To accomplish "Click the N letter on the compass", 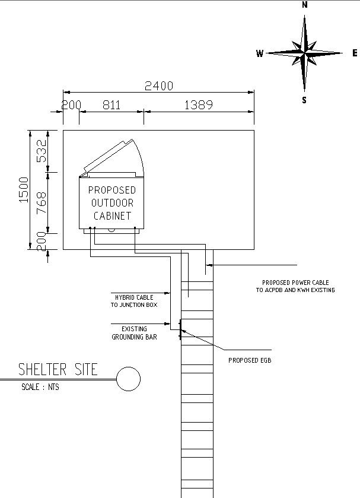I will [304, 5].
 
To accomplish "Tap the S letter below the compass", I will [304, 100].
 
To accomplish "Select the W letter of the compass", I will [259, 53].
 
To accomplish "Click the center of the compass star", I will [304, 53].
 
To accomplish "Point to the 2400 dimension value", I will [159, 86].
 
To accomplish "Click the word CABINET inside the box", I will [112, 216].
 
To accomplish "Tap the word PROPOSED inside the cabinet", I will [112, 190].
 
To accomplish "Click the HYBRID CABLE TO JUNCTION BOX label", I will [132, 301].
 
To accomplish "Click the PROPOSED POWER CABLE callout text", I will [295, 286].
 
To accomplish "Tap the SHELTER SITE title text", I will [58, 370].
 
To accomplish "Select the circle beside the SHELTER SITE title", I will [128, 379].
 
